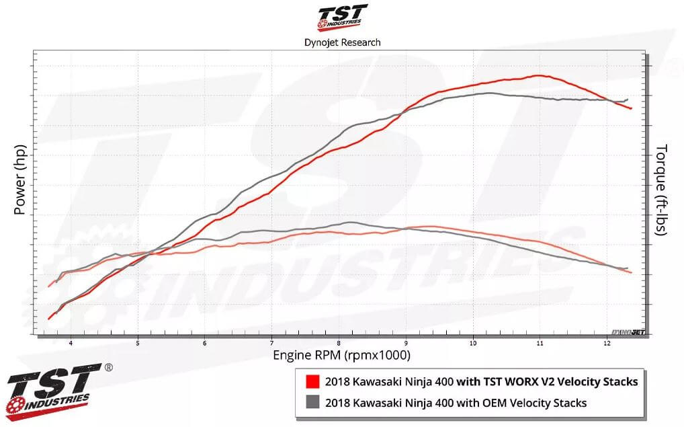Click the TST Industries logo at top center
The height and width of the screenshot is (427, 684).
click(x=342, y=17)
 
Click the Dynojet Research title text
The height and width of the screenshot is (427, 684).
click(x=342, y=42)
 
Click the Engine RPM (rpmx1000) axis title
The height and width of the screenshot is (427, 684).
click(x=341, y=354)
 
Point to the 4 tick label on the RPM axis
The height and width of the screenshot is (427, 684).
click(x=71, y=343)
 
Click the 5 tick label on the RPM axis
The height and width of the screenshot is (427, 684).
click(x=138, y=343)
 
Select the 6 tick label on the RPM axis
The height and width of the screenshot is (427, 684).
click(x=205, y=343)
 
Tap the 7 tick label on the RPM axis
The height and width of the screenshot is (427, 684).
click(x=271, y=343)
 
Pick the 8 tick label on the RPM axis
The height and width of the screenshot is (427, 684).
click(x=339, y=343)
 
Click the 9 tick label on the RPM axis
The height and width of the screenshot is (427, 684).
click(x=406, y=343)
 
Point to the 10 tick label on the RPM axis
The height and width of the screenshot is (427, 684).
click(x=473, y=343)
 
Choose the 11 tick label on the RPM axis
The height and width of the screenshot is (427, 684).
click(x=540, y=343)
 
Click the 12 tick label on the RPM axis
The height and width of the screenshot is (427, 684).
click(x=607, y=343)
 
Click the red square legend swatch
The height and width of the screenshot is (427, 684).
click(x=312, y=382)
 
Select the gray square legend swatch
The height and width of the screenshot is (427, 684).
click(x=312, y=403)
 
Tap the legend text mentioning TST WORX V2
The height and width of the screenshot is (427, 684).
click(x=480, y=382)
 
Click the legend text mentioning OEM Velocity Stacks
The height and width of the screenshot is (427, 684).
click(x=456, y=403)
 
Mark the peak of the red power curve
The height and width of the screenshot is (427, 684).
click(x=539, y=75)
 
